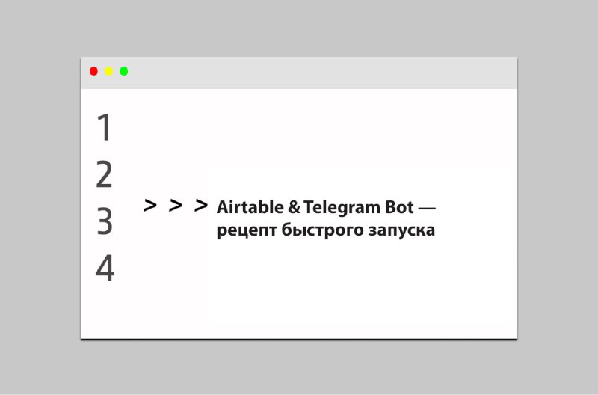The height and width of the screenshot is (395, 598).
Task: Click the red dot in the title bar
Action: click(x=93, y=71)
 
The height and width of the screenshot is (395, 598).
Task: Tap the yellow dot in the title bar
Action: click(x=108, y=71)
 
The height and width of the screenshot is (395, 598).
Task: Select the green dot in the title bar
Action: click(x=124, y=71)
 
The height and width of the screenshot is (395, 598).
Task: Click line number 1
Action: click(x=104, y=127)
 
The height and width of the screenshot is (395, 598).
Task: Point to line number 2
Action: click(x=104, y=174)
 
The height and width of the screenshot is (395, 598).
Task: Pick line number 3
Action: click(x=105, y=221)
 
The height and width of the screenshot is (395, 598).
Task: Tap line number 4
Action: click(x=105, y=269)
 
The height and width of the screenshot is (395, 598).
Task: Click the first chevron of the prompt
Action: click(x=150, y=205)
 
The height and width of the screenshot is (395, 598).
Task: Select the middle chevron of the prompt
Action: click(x=176, y=205)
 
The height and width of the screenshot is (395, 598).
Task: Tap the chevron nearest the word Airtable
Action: click(x=201, y=205)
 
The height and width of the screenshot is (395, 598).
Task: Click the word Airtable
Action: click(x=250, y=207)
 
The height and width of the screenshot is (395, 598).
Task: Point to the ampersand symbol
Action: click(x=294, y=208)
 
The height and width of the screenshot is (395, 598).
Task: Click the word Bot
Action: click(x=399, y=208)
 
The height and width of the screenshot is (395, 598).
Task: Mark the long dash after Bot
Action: click(x=427, y=209)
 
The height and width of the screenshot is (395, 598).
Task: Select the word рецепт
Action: click(x=247, y=231)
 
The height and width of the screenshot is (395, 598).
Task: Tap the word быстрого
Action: click(x=322, y=230)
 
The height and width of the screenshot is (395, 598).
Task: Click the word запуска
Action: click(x=401, y=231)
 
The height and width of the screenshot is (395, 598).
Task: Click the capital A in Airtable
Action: click(x=223, y=207)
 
